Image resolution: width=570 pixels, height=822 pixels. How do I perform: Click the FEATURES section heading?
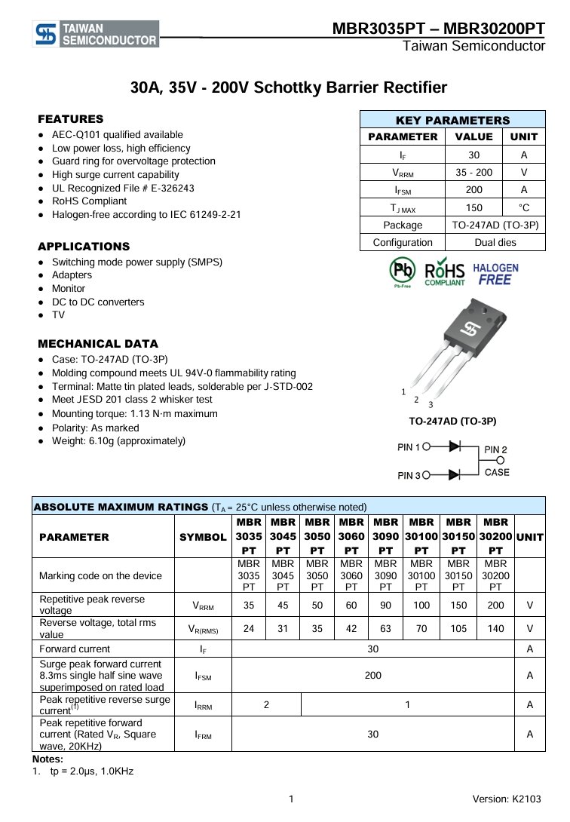[x=71, y=119]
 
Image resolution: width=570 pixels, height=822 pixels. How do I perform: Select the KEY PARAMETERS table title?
[x=452, y=120]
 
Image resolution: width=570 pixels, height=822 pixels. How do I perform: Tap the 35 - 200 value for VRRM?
[x=473, y=172]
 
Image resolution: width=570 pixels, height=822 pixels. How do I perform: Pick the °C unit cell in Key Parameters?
[x=523, y=207]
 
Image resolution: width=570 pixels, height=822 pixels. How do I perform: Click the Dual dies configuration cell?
[x=495, y=242]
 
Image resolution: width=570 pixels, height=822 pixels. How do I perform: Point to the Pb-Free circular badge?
[x=402, y=271]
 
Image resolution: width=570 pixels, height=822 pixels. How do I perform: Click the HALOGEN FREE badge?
[x=495, y=274]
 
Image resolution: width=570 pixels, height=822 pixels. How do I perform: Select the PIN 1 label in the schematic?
[x=409, y=447]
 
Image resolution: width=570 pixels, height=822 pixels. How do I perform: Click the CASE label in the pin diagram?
[x=497, y=473]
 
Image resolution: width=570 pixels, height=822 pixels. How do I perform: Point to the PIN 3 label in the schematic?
[x=409, y=476]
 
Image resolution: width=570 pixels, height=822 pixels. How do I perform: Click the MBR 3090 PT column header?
[x=386, y=537]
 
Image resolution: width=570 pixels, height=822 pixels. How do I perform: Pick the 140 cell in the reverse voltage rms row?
[x=495, y=628]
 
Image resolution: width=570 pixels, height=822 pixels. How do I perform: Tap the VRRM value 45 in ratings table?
[x=283, y=605]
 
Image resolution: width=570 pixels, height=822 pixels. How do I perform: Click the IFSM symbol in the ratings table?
[x=203, y=676]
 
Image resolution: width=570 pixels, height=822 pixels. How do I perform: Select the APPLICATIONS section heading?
[x=84, y=247]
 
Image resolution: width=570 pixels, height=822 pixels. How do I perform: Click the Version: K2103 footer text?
[x=507, y=799]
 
